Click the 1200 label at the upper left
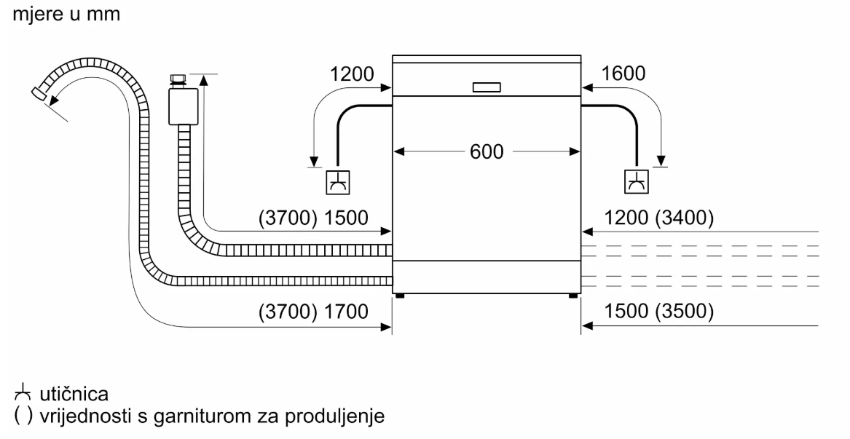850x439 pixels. [x=351, y=74]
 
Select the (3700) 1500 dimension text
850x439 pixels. [x=314, y=218]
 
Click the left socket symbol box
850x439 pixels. [x=337, y=182]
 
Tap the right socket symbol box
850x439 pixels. [x=636, y=182]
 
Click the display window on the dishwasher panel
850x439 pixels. [x=487, y=87]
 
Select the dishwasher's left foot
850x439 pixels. [x=399, y=296]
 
